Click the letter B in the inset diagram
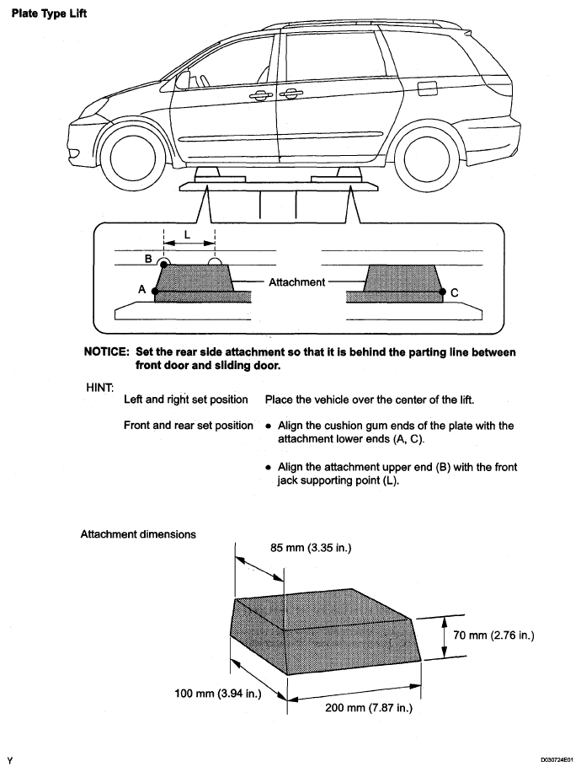click(148, 259)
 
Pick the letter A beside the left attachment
click(141, 288)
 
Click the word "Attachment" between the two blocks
click(296, 281)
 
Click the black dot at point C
click(442, 292)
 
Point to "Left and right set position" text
click(185, 399)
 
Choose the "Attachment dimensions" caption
click(138, 533)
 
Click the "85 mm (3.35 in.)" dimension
click(311, 549)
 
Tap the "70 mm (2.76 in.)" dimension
click(494, 635)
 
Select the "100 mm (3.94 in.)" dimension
click(217, 694)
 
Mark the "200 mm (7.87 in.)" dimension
click(368, 708)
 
